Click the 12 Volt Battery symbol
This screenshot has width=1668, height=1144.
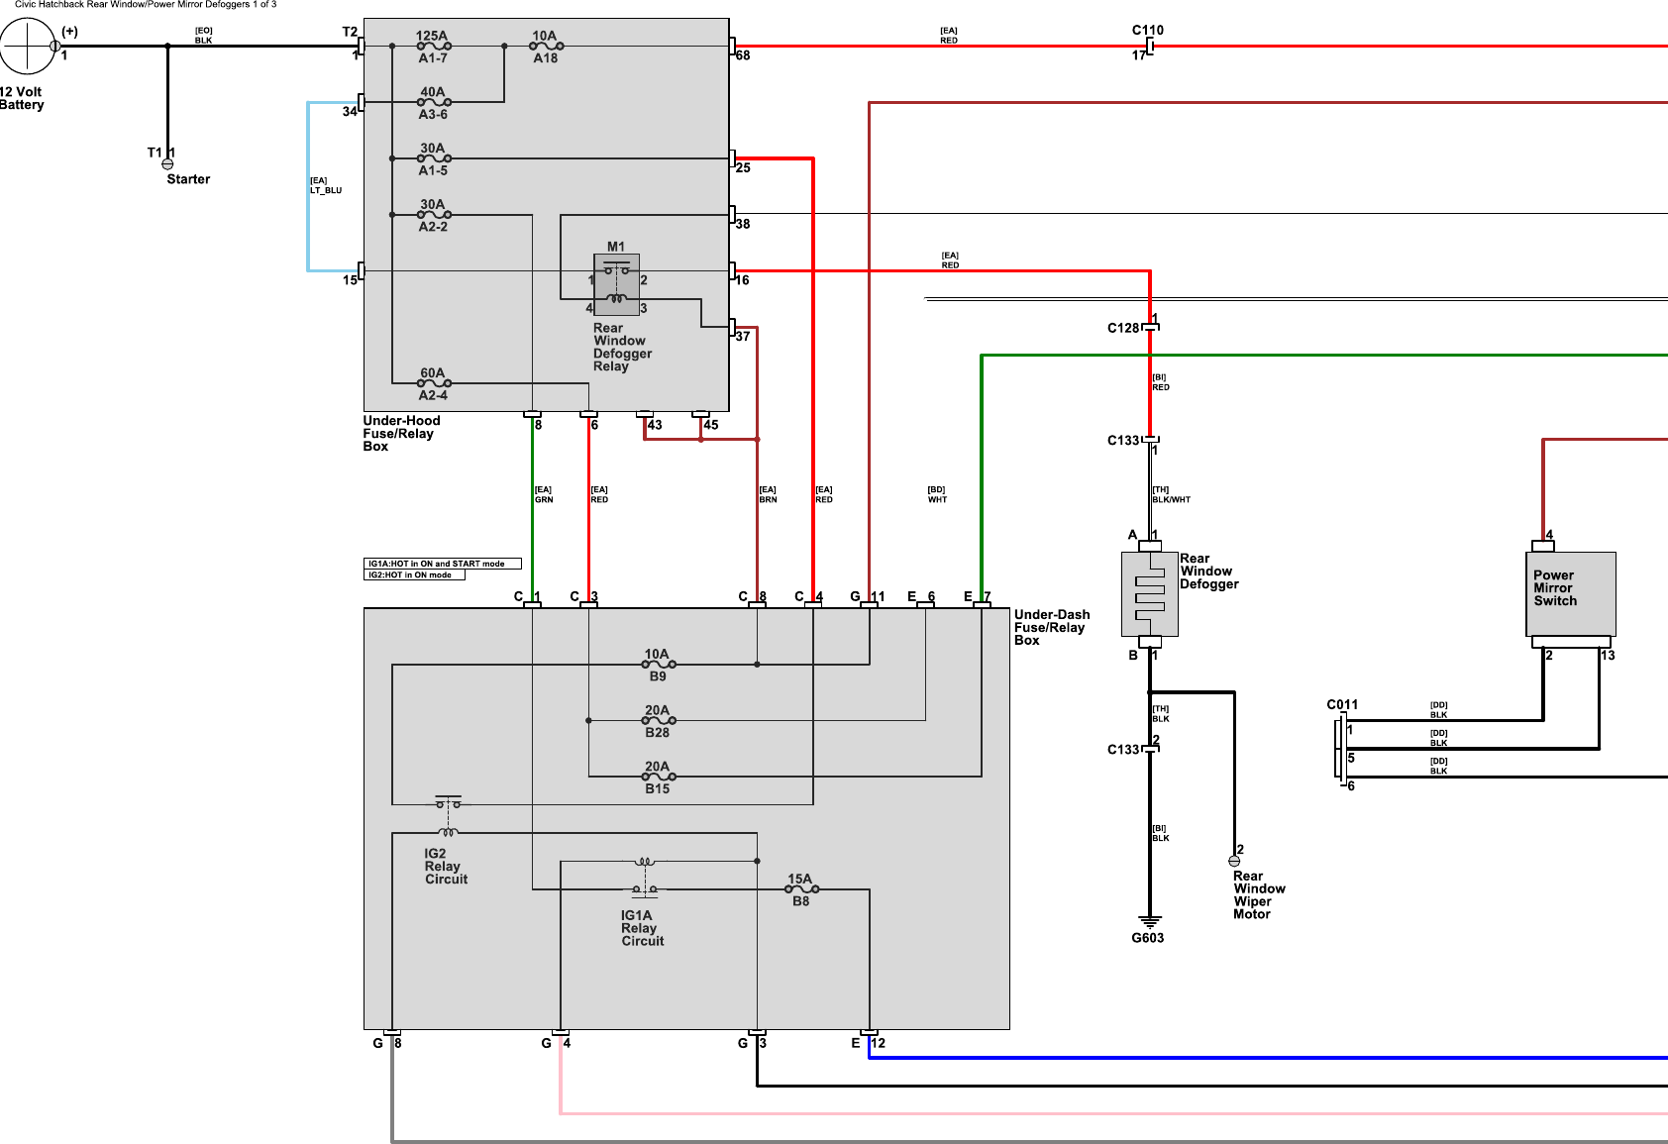tap(27, 46)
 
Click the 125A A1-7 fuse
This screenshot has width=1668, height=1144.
tap(434, 47)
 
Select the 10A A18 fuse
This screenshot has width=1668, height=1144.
tap(546, 47)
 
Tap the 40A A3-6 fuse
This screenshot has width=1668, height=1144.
tap(434, 102)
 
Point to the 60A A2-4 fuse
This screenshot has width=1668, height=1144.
tap(434, 383)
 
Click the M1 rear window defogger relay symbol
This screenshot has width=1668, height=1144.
tap(616, 284)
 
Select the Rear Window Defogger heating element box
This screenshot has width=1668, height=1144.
tap(1149, 593)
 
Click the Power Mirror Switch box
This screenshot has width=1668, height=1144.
tap(1570, 593)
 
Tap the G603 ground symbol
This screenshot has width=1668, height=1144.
tap(1149, 922)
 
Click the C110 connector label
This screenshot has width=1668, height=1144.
tap(1147, 30)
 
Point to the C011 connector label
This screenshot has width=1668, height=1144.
tap(1342, 704)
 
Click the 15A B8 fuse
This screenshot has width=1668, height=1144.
tap(801, 889)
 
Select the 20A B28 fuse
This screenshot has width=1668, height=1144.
tap(658, 720)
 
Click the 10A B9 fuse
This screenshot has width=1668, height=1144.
tap(658, 665)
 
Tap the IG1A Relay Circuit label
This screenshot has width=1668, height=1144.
tap(642, 928)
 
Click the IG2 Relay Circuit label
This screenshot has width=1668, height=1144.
tap(446, 866)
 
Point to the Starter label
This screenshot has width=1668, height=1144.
tap(188, 179)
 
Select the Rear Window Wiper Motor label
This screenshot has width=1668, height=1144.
tap(1258, 894)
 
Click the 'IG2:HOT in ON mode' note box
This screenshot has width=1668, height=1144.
tap(414, 574)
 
